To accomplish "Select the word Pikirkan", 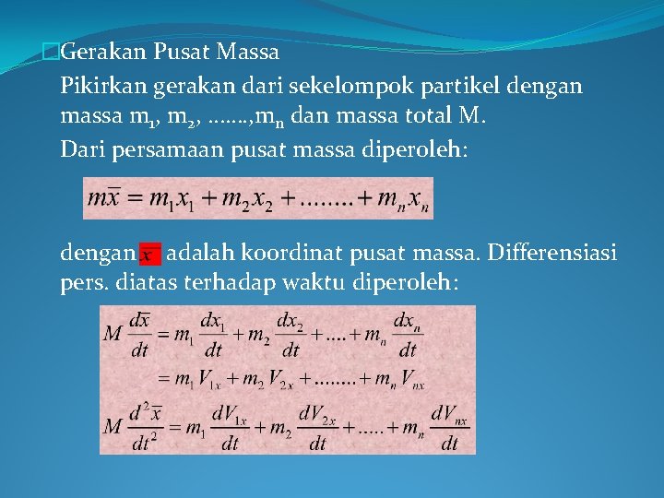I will pos(101,87).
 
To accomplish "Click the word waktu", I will pos(312,282).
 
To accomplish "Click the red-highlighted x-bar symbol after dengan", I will pos(149,253).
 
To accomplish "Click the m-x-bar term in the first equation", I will pos(107,198).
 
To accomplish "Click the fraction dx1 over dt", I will pos(213,335).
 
